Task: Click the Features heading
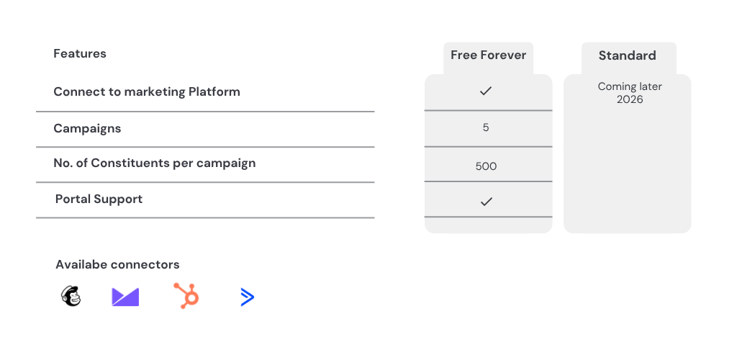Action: tap(80, 53)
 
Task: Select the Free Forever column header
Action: tap(489, 55)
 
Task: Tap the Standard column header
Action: tap(627, 55)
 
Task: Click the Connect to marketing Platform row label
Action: tap(147, 91)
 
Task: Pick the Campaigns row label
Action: tap(87, 129)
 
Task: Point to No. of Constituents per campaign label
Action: tap(155, 163)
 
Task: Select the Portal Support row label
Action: tap(99, 199)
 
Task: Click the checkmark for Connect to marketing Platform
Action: tap(486, 91)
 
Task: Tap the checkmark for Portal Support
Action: tap(486, 202)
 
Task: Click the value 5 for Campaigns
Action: tap(486, 127)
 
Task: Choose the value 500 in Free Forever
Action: tap(486, 166)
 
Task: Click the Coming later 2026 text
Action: tap(630, 93)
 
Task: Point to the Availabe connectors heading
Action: tap(117, 264)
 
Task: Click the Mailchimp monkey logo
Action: tap(71, 297)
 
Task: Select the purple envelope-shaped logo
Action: tap(125, 297)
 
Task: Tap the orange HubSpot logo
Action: tap(186, 296)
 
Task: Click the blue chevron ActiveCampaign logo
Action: tap(248, 297)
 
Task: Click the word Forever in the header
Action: tap(507, 55)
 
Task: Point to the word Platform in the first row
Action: tap(214, 91)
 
